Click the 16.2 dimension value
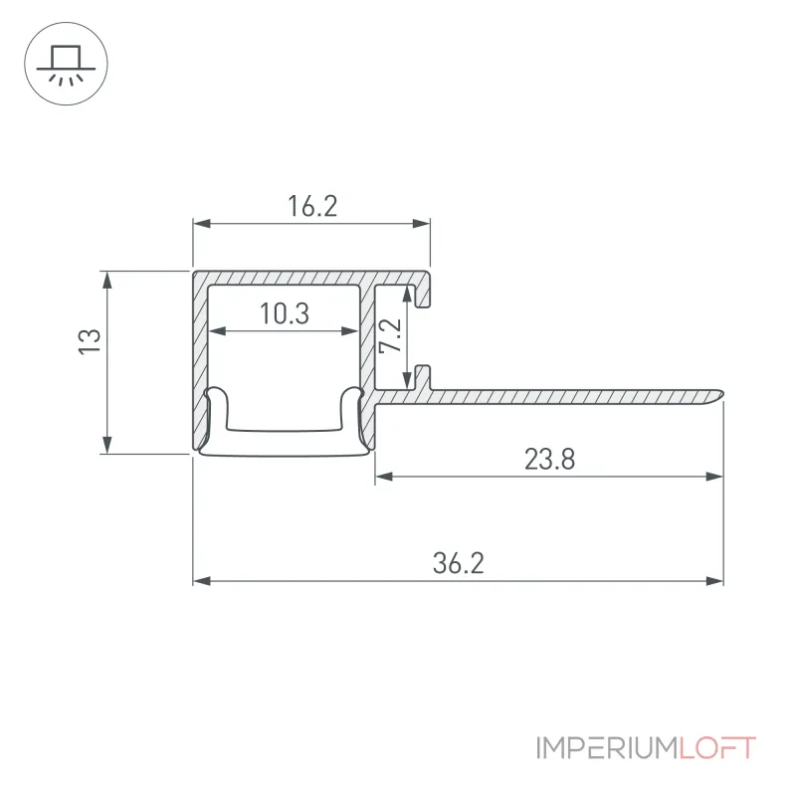312,206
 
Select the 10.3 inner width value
285,313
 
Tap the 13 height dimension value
90,341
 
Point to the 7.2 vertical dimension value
391,335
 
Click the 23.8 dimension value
550,460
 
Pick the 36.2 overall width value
459,563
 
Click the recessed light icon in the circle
66,64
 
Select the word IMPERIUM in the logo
607,748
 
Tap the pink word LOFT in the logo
717,748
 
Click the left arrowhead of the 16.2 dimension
202,223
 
